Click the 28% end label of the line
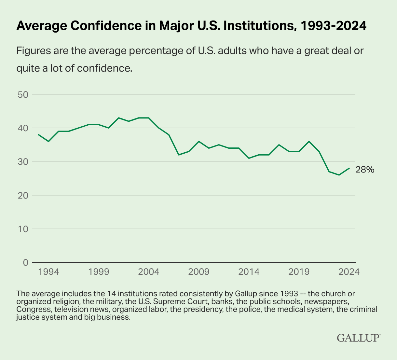[x=365, y=170]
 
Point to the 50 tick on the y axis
[x=23, y=95]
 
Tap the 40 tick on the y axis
[x=23, y=128]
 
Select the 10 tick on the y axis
[x=23, y=229]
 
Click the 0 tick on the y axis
[x=26, y=262]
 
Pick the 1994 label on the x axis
[x=48, y=272]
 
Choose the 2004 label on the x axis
[x=149, y=272]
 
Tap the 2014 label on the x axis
[x=249, y=272]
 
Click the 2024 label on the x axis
[x=349, y=272]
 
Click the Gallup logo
[x=358, y=338]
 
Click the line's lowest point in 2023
[x=339, y=175]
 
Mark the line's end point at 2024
[x=349, y=168]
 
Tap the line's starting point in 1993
[x=39, y=135]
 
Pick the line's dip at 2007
[x=179, y=155]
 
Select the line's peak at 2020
[x=309, y=141]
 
